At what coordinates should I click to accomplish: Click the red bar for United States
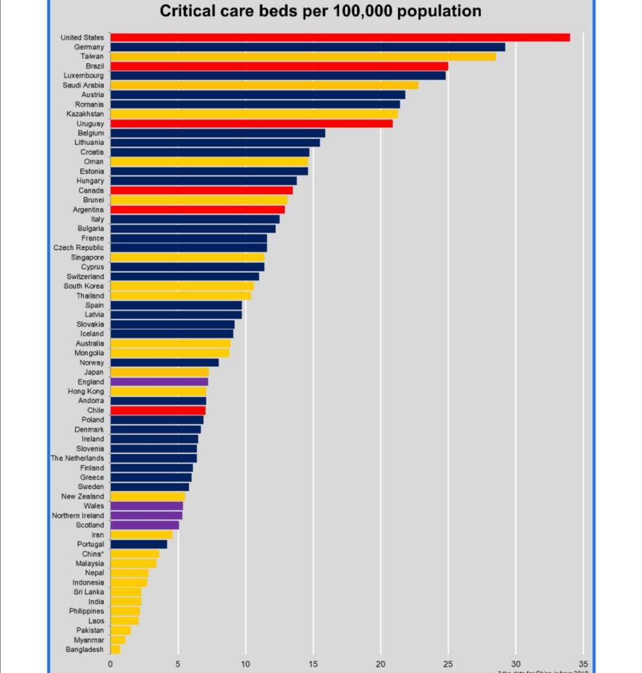340,37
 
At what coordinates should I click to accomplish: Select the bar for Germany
308,47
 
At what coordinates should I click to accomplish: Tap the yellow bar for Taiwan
303,56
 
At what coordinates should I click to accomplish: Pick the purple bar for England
159,382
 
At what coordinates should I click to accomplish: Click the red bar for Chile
158,410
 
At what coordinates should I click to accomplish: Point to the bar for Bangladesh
115,649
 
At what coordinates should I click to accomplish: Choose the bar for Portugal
139,544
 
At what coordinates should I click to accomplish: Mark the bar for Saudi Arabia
265,85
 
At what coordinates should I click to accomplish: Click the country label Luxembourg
84,76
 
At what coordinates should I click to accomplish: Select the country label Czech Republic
78,247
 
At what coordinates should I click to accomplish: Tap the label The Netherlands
77,458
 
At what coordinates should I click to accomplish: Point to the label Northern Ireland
78,515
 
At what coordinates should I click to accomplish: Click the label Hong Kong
86,391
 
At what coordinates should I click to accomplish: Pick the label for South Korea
84,286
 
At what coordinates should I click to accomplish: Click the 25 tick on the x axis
448,664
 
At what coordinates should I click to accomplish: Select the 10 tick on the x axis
246,664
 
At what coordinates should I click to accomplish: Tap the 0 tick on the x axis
111,664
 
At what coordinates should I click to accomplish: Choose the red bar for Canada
202,190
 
